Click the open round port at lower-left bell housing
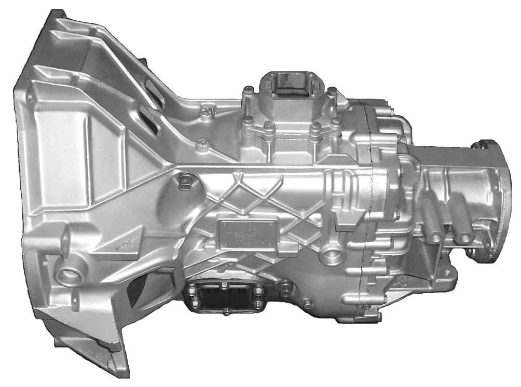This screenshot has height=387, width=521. pos(66,275)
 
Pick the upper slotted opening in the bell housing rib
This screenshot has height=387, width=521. pos(153,92)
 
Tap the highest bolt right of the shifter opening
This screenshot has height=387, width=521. pos(331,91)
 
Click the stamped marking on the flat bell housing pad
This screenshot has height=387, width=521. pos(122,243)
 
